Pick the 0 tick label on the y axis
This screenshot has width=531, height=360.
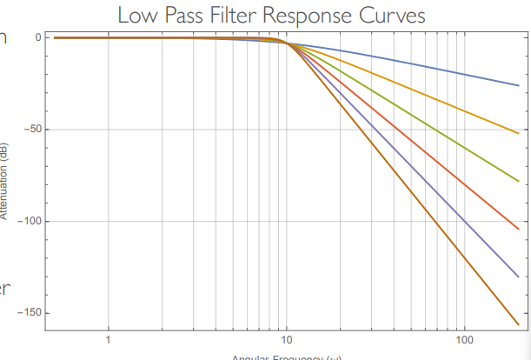click(39, 37)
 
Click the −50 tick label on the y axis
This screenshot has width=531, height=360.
click(33, 130)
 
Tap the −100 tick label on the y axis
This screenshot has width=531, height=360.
click(30, 221)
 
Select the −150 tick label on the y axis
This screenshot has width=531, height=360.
click(30, 312)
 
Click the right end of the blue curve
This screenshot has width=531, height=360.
click(518, 85)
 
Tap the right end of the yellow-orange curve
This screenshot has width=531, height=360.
click(518, 133)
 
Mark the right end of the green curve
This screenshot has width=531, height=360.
click(518, 181)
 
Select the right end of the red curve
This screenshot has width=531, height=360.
click(518, 229)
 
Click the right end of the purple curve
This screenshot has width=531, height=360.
click(518, 277)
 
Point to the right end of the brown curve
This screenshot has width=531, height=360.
click(518, 324)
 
